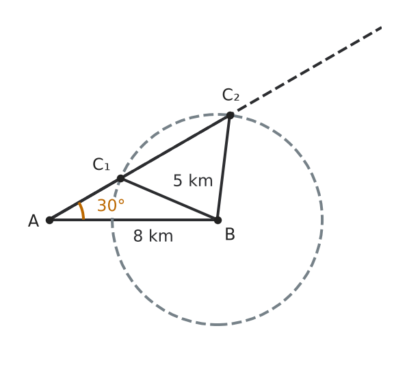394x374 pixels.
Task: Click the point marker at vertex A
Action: pyautogui.click(x=50, y=220)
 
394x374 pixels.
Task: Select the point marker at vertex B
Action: pyautogui.click(x=218, y=220)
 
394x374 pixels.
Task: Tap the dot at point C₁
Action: pyautogui.click(x=120, y=179)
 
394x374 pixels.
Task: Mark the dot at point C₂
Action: pyautogui.click(x=230, y=115)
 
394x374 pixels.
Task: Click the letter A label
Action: pyautogui.click(x=34, y=221)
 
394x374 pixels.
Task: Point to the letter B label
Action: pyautogui.click(x=230, y=234)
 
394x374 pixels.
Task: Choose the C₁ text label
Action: pyautogui.click(x=101, y=164)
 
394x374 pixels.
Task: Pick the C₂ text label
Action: pyautogui.click(x=231, y=95)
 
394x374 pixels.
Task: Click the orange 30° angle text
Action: pyautogui.click(x=111, y=205)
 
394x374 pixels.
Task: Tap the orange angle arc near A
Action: pyautogui.click(x=82, y=211)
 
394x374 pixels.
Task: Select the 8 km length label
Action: pyautogui.click(x=153, y=236)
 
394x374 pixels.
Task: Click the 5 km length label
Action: pyautogui.click(x=193, y=180)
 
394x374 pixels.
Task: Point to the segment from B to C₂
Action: pyautogui.click(x=224, y=168)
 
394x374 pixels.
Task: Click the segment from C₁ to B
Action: pyautogui.click(x=169, y=199)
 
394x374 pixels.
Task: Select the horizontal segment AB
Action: pyautogui.click(x=133, y=220)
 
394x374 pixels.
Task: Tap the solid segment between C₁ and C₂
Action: pyautogui.click(x=175, y=147)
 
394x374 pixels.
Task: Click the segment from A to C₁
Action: pyautogui.click(x=86, y=199)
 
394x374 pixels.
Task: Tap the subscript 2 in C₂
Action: pyautogui.click(x=237, y=98)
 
